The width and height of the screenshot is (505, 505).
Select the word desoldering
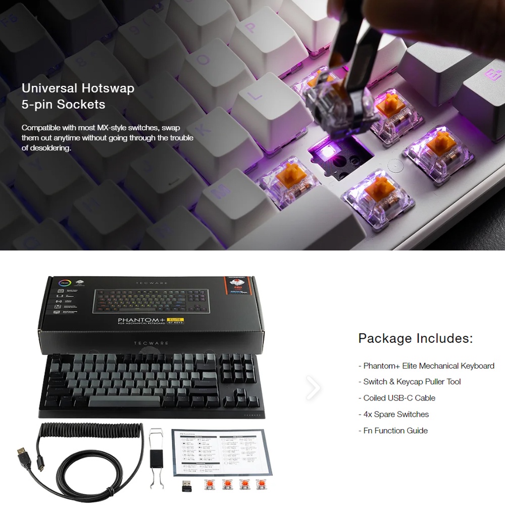pos(50,148)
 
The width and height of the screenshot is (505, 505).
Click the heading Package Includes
pos(416,338)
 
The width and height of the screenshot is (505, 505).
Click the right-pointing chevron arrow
pos(313,388)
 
